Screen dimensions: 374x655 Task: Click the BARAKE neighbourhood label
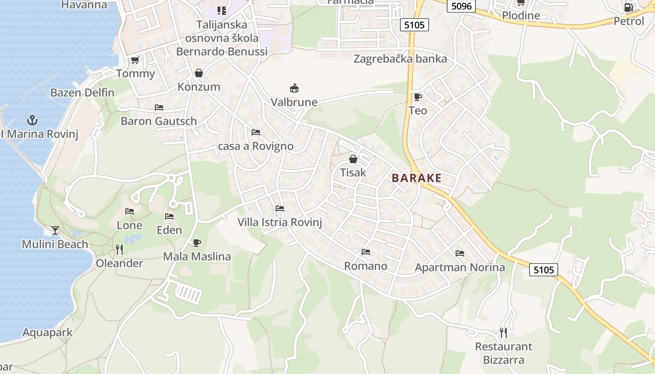[x=416, y=178]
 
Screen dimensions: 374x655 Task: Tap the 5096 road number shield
[x=461, y=6]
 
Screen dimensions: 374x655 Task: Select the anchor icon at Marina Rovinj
[x=32, y=120]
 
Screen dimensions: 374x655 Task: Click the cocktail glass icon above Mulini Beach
[x=55, y=230]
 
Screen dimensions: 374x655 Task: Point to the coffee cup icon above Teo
[x=417, y=97]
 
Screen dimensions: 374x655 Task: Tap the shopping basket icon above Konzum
[x=199, y=73]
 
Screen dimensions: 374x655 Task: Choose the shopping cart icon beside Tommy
[x=135, y=60]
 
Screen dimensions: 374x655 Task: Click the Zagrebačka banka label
[x=400, y=59]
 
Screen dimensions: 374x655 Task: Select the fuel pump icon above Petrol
[x=629, y=7]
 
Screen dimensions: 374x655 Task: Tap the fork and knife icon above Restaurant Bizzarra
[x=503, y=332]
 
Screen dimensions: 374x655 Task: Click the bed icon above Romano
[x=366, y=252]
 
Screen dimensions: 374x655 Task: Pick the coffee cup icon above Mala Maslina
[x=197, y=243]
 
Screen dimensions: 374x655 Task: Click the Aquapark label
[x=47, y=333]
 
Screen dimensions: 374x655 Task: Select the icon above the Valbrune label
[x=294, y=88]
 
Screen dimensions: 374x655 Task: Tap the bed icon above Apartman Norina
[x=460, y=253]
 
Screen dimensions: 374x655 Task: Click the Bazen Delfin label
[x=82, y=93]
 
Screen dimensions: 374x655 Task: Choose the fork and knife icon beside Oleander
[x=119, y=250]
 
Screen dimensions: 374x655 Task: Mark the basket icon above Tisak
[x=353, y=159]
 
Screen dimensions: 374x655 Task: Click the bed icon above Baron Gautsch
[x=159, y=107]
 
